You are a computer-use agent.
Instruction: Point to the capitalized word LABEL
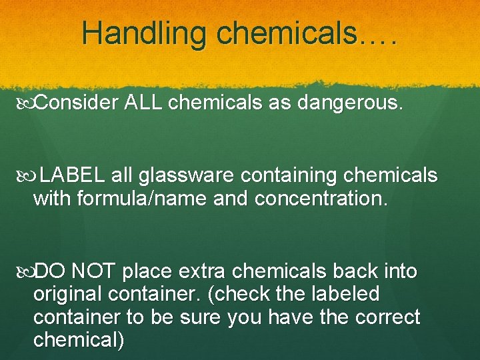click(71, 175)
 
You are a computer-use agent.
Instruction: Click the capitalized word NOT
click(93, 271)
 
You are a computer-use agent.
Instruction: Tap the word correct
click(385, 317)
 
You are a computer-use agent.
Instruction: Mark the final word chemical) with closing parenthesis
click(79, 339)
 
